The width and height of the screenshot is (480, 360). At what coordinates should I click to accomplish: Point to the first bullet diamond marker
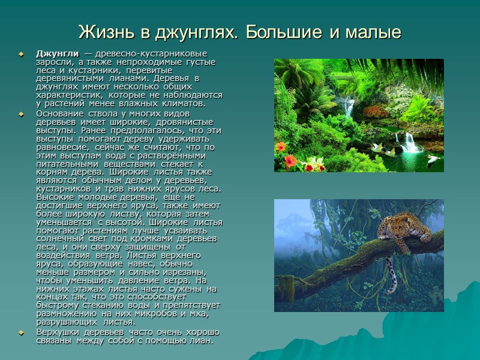tap(22, 54)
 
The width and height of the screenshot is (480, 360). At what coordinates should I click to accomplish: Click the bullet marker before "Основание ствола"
tap(22, 113)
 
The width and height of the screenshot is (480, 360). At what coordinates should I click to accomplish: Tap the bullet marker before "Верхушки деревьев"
tap(22, 332)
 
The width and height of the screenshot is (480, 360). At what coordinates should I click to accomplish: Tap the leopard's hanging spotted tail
tap(390, 276)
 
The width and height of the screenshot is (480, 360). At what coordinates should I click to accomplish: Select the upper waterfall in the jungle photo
tap(349, 107)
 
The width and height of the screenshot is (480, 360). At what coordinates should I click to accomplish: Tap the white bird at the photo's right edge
tap(434, 161)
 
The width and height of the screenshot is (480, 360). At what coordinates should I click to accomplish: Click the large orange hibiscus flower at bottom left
tap(290, 160)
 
